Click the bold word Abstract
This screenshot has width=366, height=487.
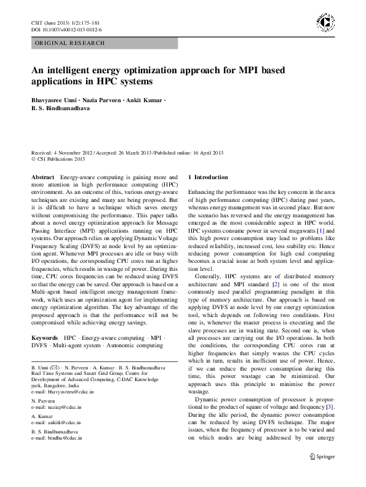point(42,177)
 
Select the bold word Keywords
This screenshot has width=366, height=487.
point(44,338)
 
